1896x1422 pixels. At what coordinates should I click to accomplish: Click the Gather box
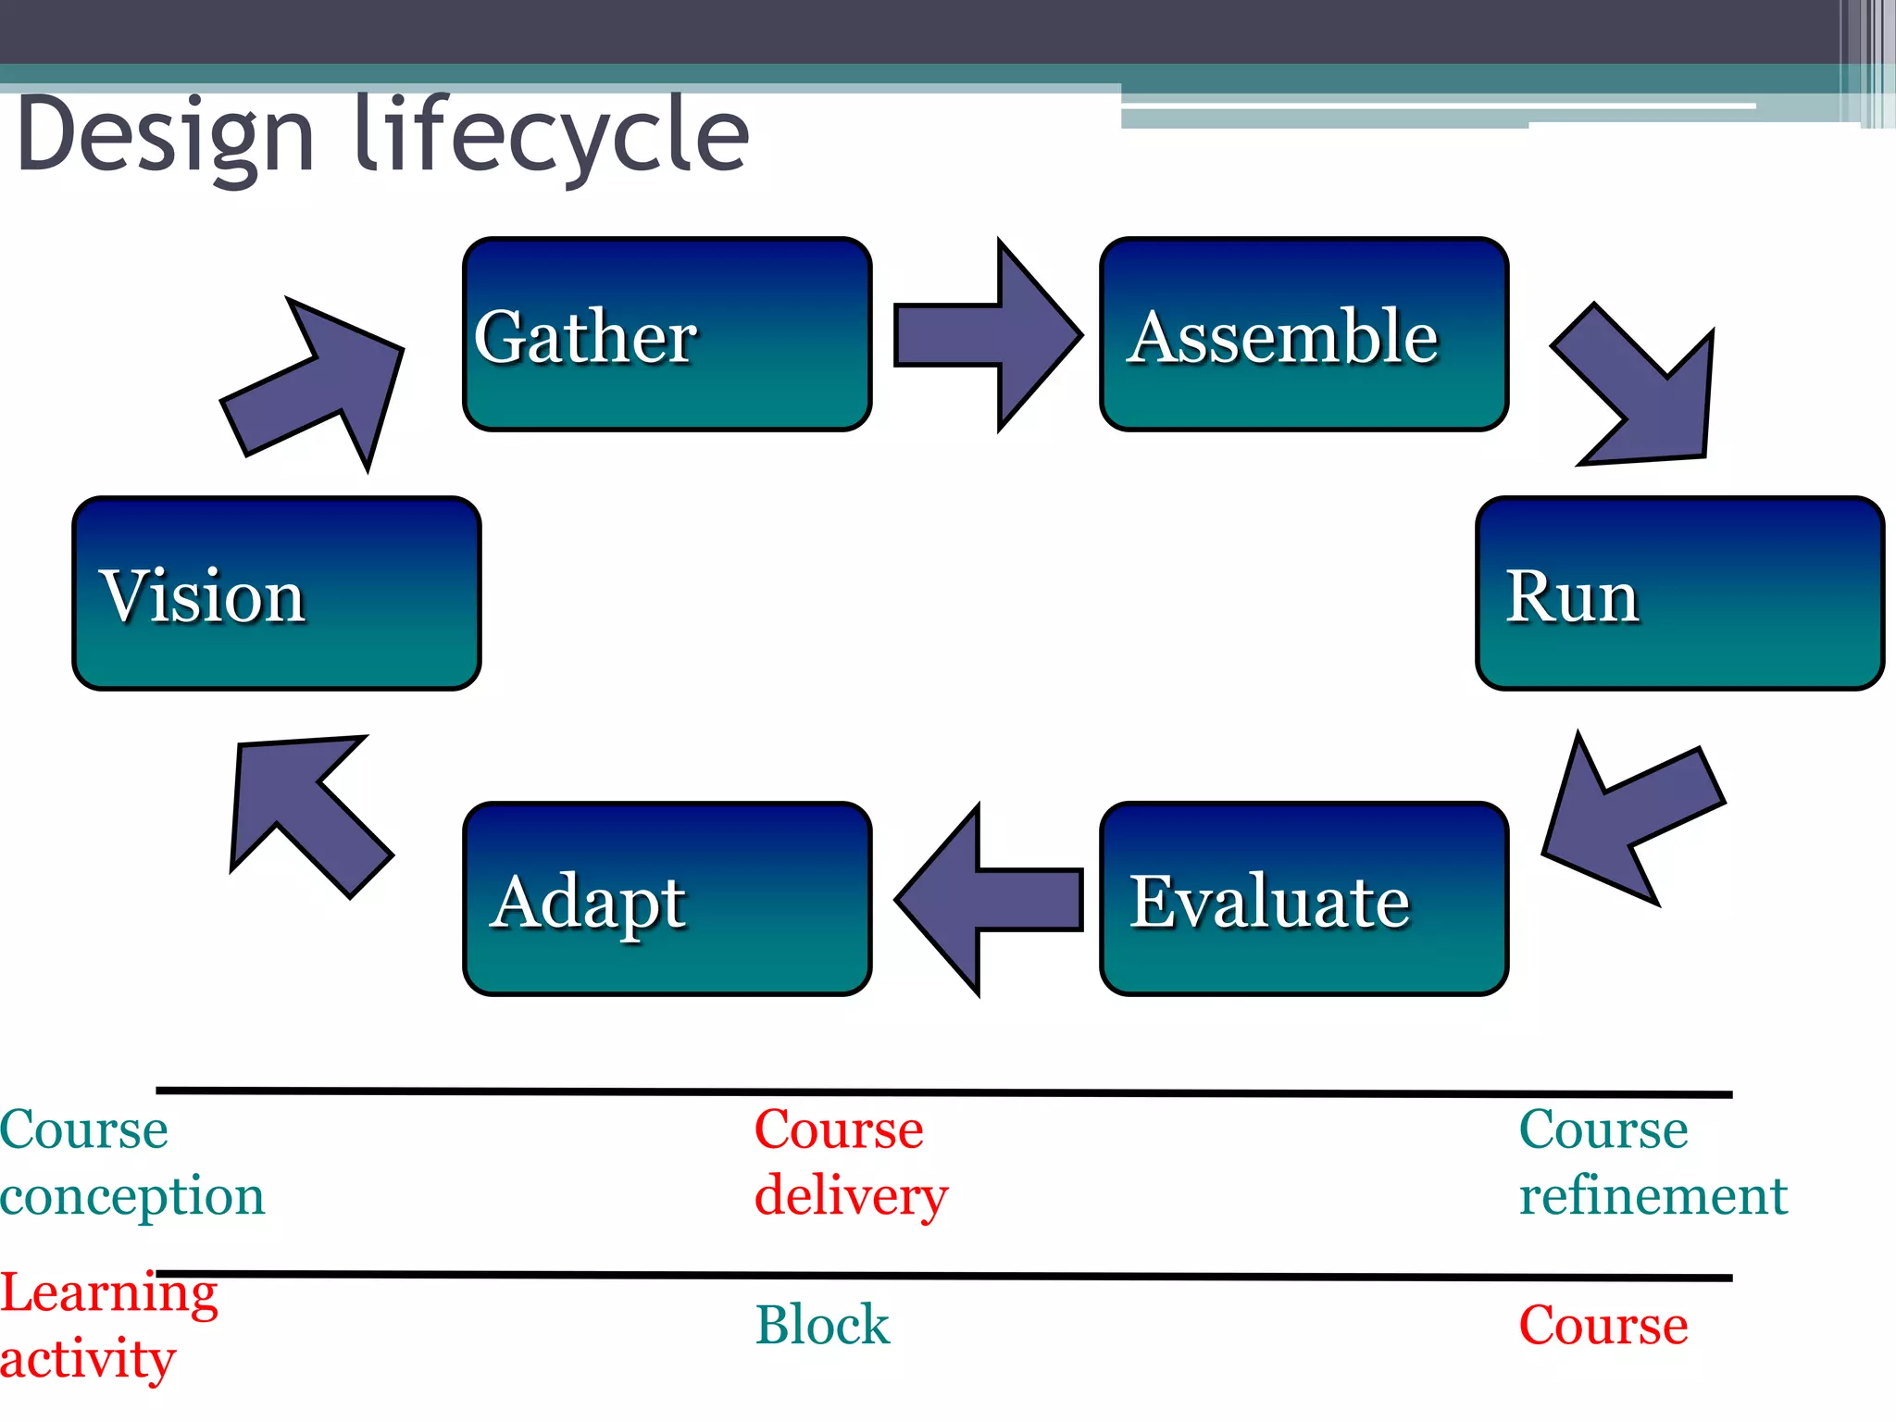pyautogui.click(x=667, y=334)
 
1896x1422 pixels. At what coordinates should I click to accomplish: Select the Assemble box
pyautogui.click(x=1303, y=334)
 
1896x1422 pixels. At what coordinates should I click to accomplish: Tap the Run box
pyautogui.click(x=1679, y=593)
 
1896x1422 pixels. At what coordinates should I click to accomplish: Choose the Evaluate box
pyautogui.click(x=1303, y=899)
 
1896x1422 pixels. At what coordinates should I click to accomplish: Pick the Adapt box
pyautogui.click(x=667, y=899)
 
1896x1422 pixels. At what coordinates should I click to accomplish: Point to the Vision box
pyautogui.click(x=277, y=593)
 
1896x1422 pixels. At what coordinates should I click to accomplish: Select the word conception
pyautogui.click(x=132, y=1196)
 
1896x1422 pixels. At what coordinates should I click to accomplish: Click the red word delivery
pyautogui.click(x=850, y=1196)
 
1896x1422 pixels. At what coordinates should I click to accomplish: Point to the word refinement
pyautogui.click(x=1653, y=1196)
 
